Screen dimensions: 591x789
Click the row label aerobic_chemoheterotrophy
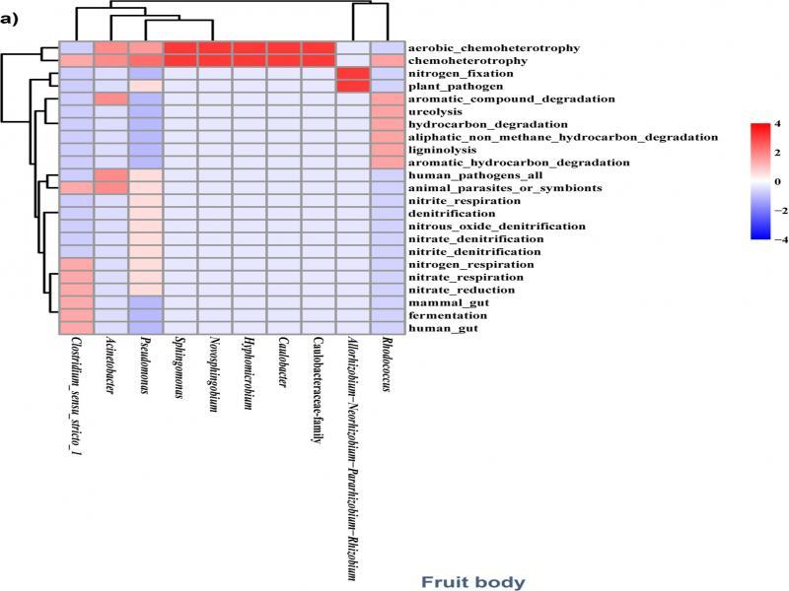492,47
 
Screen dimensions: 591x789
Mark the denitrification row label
453,213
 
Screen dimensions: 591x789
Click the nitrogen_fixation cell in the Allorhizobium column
352,74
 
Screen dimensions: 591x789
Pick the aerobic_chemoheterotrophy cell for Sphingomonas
180,48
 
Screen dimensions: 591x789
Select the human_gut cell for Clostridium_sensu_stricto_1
76,328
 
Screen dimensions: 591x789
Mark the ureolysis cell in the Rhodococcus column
387,111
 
